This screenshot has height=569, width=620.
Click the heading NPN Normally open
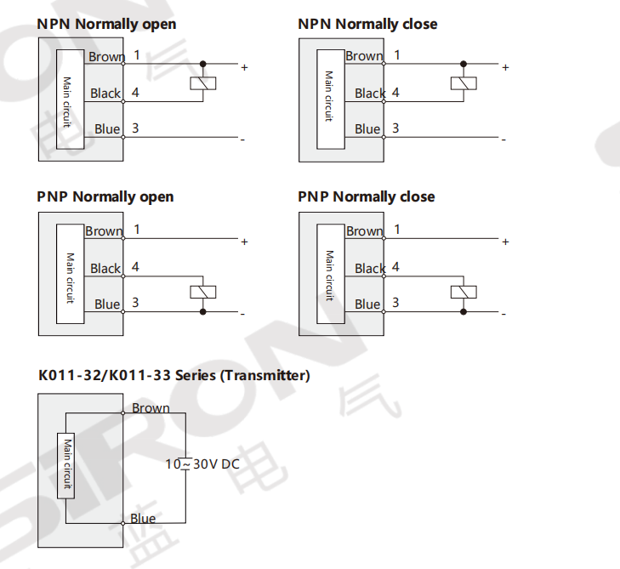[106, 24]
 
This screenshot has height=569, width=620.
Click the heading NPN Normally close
[367, 24]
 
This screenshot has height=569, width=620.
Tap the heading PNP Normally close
[366, 196]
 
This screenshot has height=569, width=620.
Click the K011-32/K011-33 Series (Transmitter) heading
[173, 375]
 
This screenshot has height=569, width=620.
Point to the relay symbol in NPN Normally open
[202, 83]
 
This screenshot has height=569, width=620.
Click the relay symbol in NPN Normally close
[464, 83]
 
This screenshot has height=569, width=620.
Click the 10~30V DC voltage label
[202, 464]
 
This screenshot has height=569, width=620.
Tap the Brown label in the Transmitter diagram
[151, 408]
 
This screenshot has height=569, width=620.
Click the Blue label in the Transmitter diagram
[143, 519]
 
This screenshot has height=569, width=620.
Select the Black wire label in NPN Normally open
[105, 94]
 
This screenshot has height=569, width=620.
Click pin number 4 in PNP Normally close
[395, 267]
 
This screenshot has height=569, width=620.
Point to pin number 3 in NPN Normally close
[395, 128]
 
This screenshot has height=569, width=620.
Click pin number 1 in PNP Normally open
[136, 229]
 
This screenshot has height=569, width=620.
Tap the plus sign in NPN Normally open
[244, 66]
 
